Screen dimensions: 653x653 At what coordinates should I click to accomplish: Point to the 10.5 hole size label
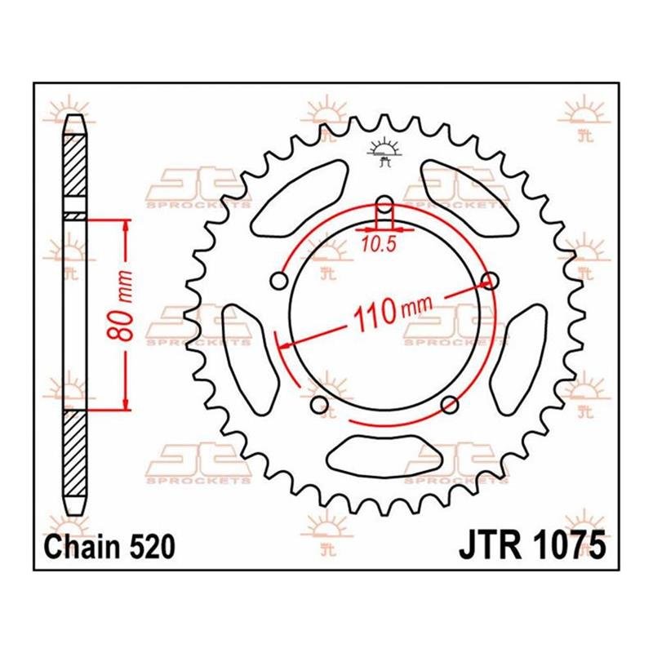point(377,243)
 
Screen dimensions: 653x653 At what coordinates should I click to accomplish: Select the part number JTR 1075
point(535,546)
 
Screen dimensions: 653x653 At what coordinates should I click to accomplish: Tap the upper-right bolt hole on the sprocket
point(491,282)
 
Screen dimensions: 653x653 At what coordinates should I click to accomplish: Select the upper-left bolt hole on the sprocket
point(278,282)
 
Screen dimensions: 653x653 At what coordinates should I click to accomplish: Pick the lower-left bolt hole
point(318,405)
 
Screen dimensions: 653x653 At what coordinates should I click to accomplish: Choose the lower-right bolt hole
point(448,405)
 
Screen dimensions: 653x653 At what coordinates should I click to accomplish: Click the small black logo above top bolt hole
point(384,153)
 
